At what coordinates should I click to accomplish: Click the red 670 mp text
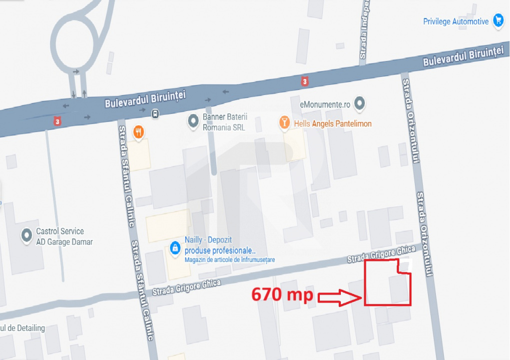[282, 294]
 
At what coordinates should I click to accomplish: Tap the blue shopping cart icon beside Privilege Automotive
[498, 20]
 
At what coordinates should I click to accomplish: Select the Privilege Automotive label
[455, 21]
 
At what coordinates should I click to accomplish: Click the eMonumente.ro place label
[325, 104]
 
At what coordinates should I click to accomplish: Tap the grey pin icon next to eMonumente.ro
[359, 104]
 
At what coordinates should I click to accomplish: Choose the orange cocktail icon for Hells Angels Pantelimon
[285, 122]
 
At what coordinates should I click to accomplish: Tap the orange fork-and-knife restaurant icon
[139, 132]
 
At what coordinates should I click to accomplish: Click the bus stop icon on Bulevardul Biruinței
[156, 113]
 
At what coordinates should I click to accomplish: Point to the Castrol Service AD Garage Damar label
[64, 236]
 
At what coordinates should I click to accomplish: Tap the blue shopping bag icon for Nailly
[175, 247]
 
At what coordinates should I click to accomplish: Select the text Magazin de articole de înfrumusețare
[229, 260]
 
